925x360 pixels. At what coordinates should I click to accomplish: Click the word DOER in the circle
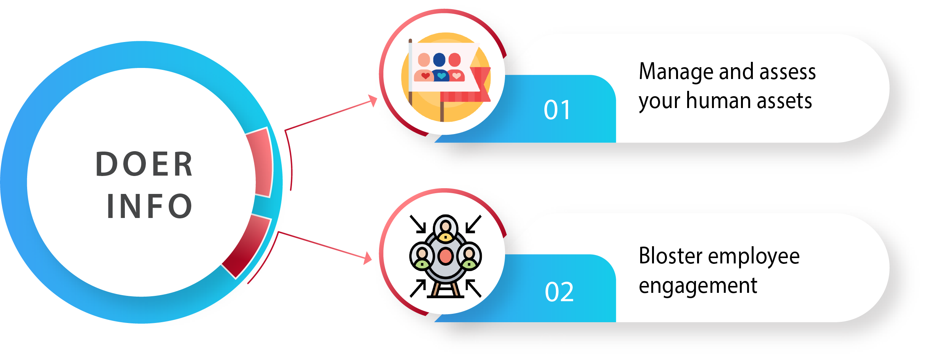144,164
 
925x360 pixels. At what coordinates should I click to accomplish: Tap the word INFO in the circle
150,206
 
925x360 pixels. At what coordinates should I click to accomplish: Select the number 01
557,110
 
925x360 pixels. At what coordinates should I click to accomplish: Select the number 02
559,292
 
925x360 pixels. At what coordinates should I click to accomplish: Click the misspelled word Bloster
670,256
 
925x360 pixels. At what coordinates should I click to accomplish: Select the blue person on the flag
440,67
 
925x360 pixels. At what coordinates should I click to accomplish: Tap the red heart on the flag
425,76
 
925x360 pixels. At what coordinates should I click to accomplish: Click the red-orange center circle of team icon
445,256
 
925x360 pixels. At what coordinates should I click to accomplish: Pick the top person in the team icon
446,229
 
